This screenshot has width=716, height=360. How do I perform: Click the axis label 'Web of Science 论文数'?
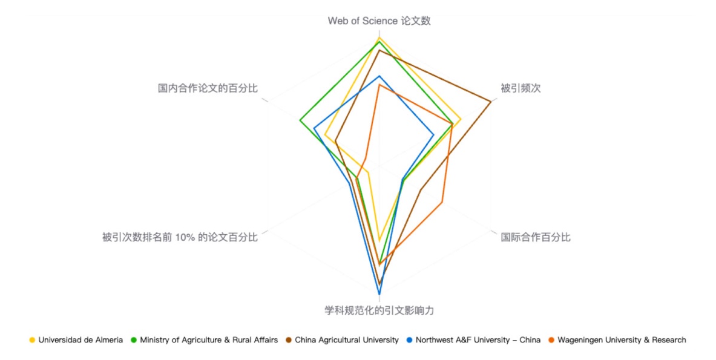click(379, 21)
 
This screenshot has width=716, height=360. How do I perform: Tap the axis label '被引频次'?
click(520, 88)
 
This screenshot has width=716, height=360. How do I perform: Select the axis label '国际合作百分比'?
click(535, 237)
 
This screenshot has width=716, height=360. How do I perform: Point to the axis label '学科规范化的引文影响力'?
click(379, 311)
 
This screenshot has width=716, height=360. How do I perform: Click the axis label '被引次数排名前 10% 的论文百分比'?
click(180, 237)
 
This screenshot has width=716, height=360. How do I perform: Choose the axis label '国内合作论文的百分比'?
click(208, 88)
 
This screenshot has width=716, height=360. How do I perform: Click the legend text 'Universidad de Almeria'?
click(80, 340)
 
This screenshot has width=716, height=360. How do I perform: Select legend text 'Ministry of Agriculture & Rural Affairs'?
click(209, 340)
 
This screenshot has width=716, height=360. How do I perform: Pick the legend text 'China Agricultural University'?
click(347, 340)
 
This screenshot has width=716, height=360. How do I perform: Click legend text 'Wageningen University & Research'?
click(622, 340)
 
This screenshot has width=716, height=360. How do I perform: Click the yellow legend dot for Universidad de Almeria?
click(32, 340)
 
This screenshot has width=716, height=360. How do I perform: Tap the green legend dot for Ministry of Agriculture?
click(134, 340)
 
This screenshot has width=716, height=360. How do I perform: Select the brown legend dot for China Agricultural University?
click(289, 340)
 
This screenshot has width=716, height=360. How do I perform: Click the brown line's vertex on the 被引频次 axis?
click(490, 101)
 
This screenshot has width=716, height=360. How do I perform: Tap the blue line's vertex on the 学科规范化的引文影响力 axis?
click(379, 294)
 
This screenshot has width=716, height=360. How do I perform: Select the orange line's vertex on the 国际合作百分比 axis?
click(442, 202)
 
